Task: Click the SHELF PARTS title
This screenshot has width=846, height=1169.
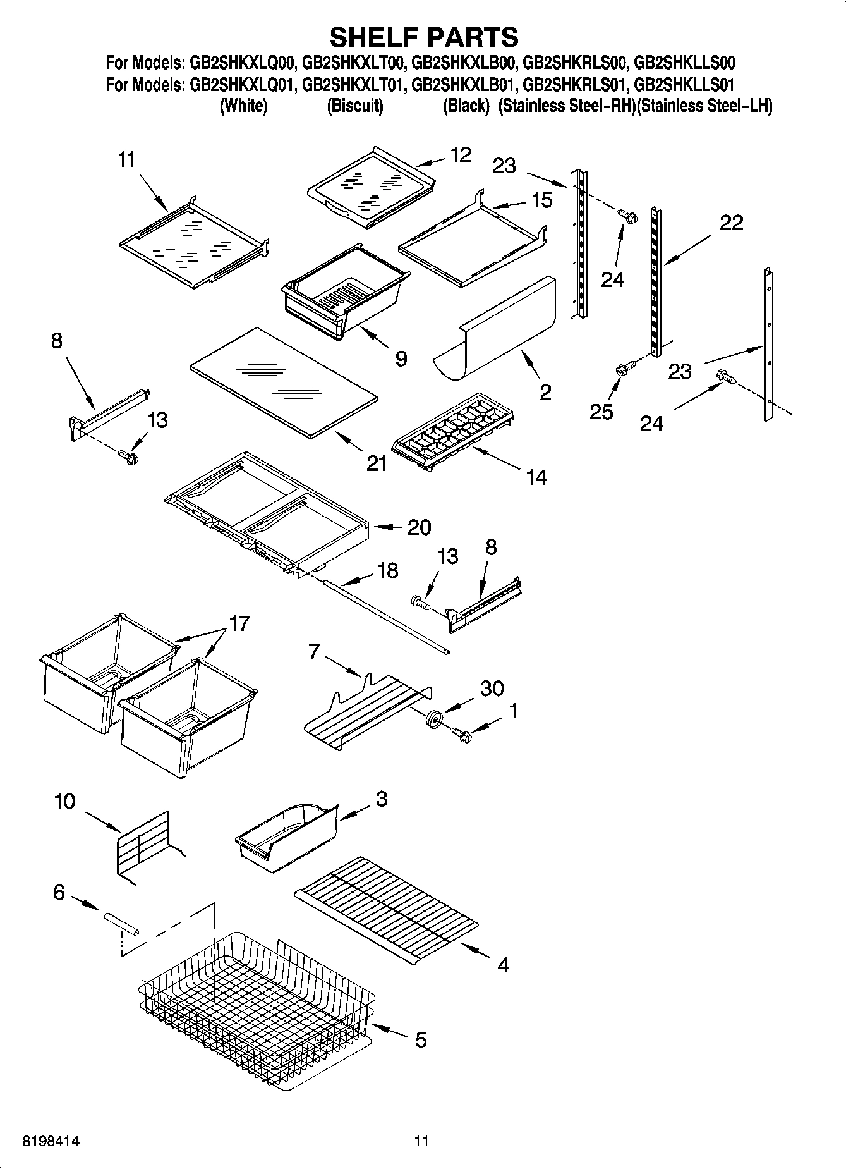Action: [424, 37]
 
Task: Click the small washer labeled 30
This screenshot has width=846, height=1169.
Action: [433, 719]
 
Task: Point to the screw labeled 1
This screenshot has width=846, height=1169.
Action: [462, 734]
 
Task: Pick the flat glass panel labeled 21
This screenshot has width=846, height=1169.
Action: [284, 382]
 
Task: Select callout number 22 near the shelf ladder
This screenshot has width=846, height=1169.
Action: [731, 223]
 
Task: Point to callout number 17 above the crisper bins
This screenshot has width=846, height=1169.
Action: [239, 623]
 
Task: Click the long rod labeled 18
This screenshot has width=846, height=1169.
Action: [386, 616]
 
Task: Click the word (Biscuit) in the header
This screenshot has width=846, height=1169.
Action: [354, 106]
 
